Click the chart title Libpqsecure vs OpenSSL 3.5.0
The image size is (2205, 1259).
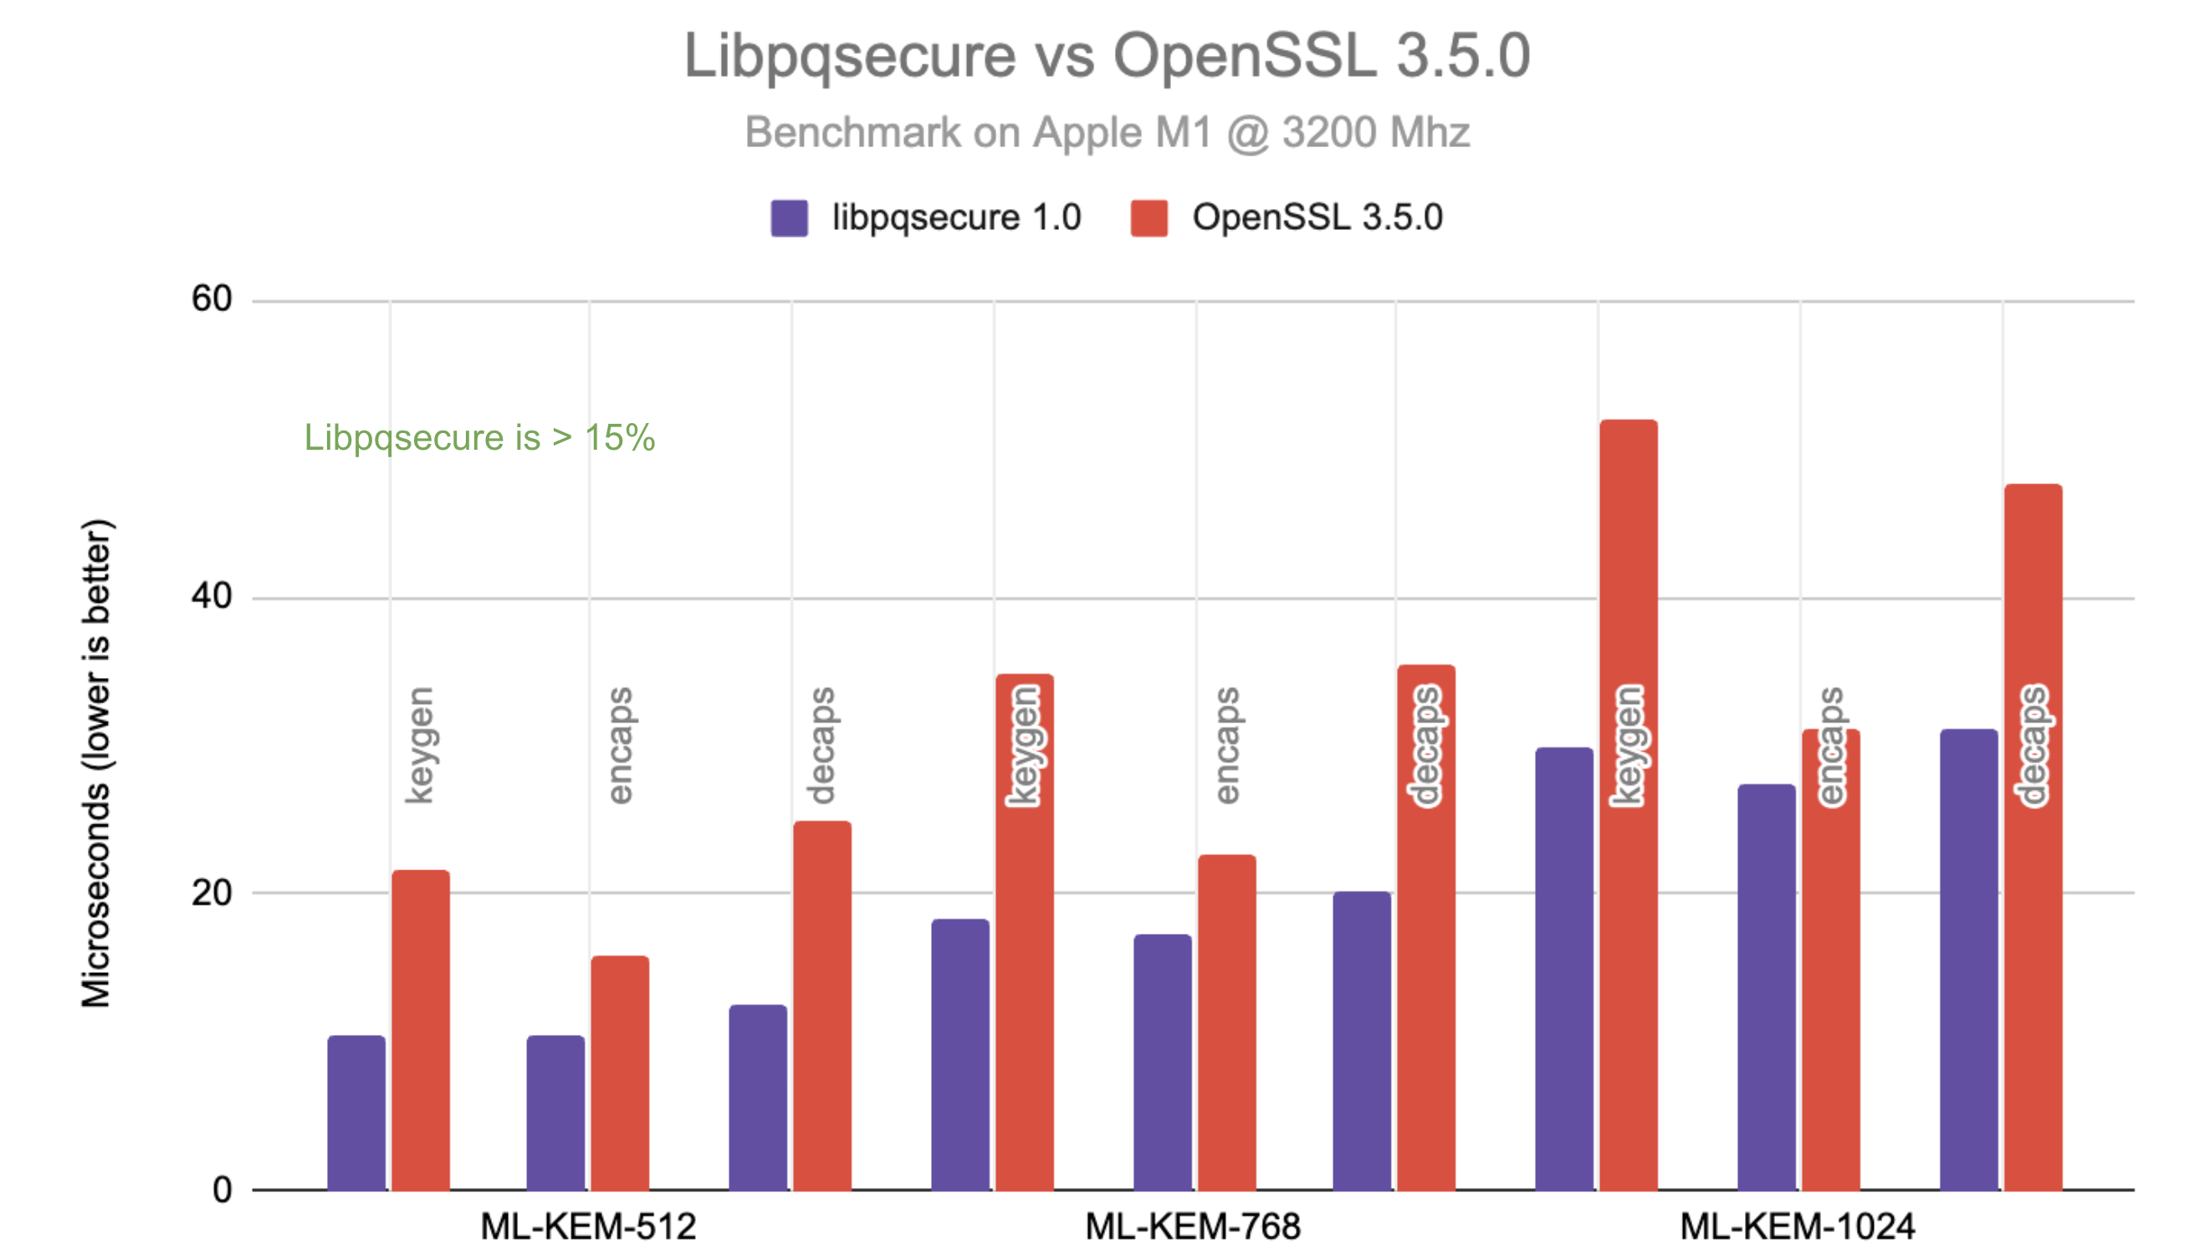coord(1107,56)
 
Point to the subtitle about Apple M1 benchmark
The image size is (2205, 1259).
coord(1107,133)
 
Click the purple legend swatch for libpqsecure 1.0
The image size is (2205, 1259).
coord(788,218)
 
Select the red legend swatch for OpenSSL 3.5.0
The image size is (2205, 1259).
coord(1148,218)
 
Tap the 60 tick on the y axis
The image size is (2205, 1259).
coord(211,299)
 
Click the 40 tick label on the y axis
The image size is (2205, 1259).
coord(211,597)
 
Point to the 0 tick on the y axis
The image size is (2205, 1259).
coord(222,1190)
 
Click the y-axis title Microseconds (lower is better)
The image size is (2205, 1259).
coord(96,762)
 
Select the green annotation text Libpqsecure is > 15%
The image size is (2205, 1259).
coord(479,437)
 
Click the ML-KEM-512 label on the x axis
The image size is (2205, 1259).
coord(587,1226)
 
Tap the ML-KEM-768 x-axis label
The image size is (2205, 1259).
coord(1192,1226)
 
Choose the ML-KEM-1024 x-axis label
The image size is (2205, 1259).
coord(1797,1226)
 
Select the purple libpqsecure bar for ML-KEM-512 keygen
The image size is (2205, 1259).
coord(356,1113)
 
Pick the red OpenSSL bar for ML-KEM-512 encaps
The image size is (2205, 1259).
coord(619,1073)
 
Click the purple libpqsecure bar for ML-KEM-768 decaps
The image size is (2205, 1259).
coord(1361,1040)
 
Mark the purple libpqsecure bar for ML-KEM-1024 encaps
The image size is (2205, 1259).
coord(1766,986)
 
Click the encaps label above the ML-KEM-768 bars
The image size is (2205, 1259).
coord(1226,746)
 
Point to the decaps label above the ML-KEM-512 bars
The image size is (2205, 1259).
coord(821,746)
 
